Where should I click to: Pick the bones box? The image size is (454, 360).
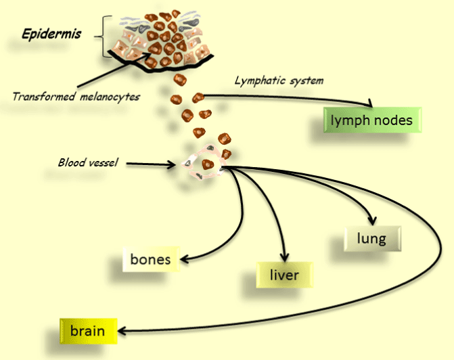[x=150, y=258]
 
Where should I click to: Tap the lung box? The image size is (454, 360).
[x=372, y=239]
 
